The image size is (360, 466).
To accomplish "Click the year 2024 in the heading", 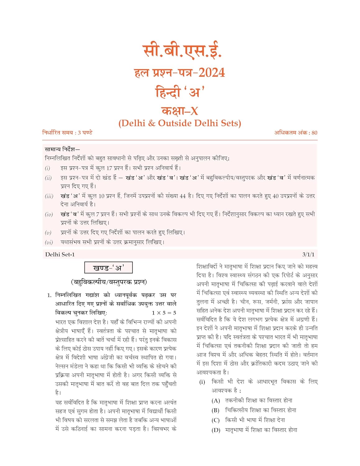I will point(212,73).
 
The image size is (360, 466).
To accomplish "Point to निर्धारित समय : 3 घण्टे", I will point(67,133).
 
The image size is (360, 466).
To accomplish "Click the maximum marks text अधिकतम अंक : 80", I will point(295,133).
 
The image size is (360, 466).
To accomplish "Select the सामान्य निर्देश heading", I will point(62,149).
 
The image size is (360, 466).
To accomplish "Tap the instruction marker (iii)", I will point(49,196).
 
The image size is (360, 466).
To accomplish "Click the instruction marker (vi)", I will point(49,242).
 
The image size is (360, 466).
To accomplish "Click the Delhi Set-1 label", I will point(60,254).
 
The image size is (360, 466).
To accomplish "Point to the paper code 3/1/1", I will point(308,254).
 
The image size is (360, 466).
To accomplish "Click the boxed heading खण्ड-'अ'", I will point(108,268).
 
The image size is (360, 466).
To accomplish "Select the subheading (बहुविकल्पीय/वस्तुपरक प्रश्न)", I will point(109,282).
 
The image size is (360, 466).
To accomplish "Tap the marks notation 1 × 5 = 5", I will point(164,313).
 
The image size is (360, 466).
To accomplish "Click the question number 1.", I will point(49,295).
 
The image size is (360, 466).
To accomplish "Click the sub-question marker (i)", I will point(202,382).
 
